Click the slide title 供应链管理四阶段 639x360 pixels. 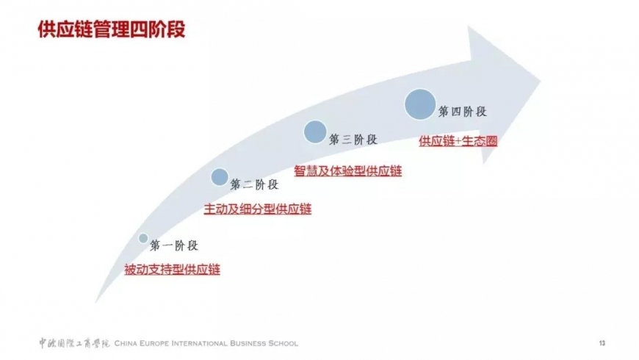click(111, 29)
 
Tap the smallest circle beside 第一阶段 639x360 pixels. click(143, 238)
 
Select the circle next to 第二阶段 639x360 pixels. click(220, 177)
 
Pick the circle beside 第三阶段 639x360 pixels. click(315, 132)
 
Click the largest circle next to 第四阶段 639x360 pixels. click(420, 104)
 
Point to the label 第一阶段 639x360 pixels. click(174, 245)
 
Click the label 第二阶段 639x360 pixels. click(254, 184)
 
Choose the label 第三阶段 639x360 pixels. click(353, 140)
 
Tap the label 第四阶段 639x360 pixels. click(463, 111)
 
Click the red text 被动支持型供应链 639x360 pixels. click(172, 270)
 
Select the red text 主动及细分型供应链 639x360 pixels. click(258, 209)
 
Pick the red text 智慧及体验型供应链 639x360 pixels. click(348, 171)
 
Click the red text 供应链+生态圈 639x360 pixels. click(458, 141)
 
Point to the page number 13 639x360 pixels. click(602, 343)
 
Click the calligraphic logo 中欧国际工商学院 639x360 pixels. click(74, 343)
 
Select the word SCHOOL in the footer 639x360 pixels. click(283, 343)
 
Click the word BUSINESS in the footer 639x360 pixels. click(248, 343)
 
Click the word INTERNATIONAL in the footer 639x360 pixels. click(199, 343)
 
